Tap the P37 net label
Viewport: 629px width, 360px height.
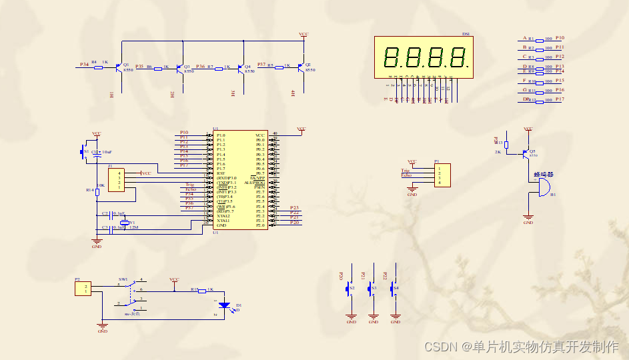261,64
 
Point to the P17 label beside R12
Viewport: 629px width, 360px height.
560,99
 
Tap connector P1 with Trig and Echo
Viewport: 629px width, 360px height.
441,175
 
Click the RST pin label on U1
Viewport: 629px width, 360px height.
221,173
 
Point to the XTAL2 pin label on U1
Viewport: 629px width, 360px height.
223,216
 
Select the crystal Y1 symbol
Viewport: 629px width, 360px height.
124,222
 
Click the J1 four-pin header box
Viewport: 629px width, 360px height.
117,180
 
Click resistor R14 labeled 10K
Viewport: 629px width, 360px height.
97,191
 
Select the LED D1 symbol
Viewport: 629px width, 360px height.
225,305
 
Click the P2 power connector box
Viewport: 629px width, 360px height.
83,288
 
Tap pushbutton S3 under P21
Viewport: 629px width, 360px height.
373,289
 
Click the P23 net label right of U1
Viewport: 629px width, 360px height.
294,208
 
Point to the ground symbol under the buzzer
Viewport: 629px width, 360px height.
528,217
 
